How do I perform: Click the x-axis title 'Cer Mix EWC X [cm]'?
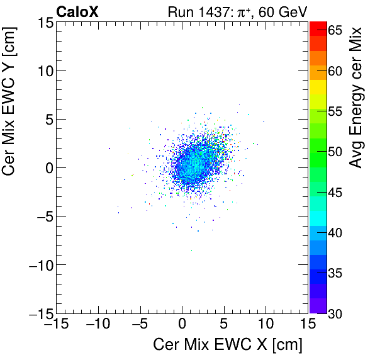228,345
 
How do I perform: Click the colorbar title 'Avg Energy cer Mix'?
356,98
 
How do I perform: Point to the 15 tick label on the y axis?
43,23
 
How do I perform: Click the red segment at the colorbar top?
318,27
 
